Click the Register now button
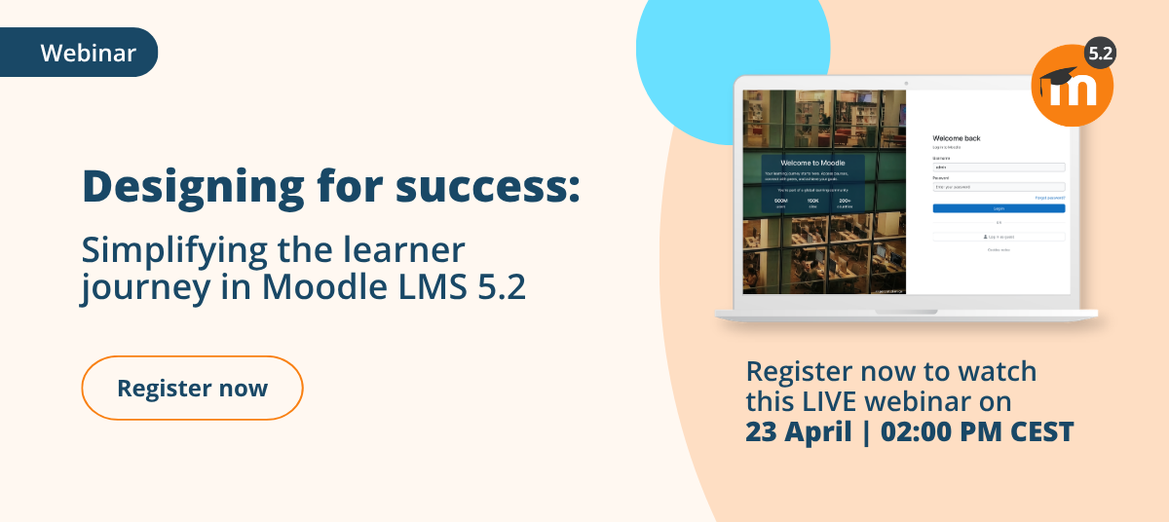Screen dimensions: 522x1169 click(192, 388)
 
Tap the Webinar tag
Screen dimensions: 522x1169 click(88, 53)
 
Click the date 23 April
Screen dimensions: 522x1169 click(798, 431)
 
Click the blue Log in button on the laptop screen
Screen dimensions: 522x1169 click(999, 208)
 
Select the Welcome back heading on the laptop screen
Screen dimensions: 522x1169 click(957, 138)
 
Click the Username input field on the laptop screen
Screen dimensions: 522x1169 click(999, 167)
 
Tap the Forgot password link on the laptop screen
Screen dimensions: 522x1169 click(1050, 198)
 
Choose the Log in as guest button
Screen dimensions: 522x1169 click(999, 237)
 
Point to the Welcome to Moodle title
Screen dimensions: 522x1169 click(811, 163)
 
